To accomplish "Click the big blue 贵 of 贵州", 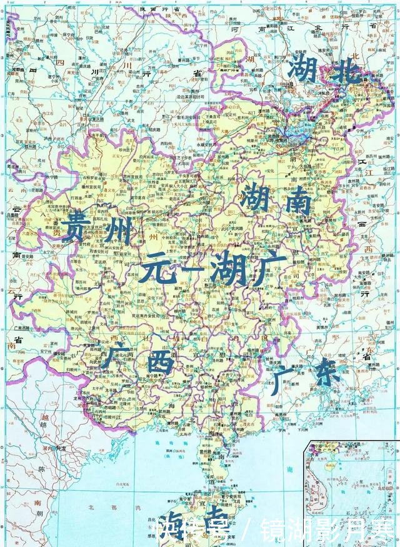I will (77, 229).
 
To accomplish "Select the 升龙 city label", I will (60, 448).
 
